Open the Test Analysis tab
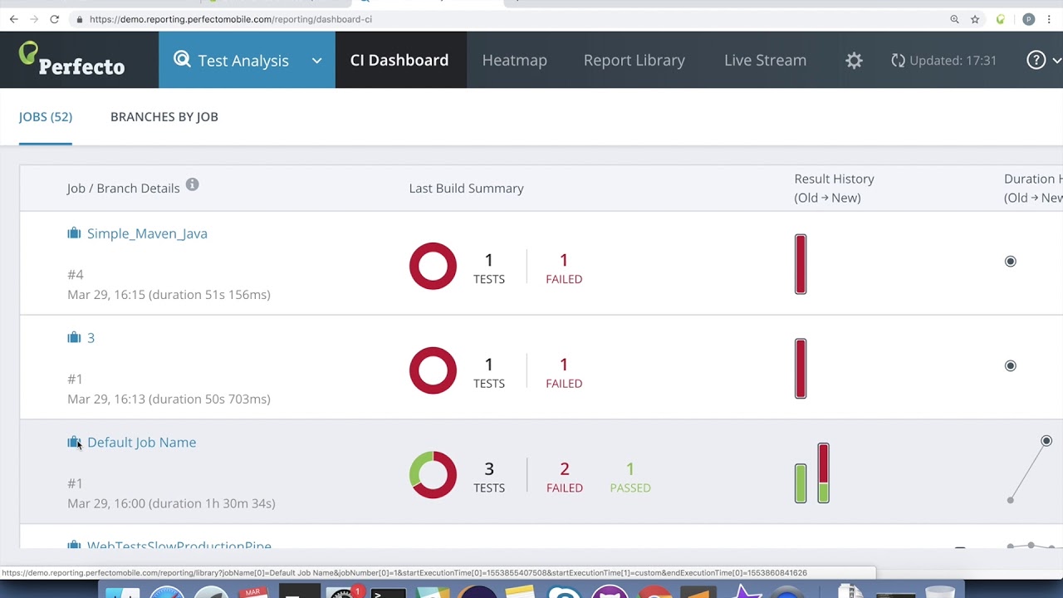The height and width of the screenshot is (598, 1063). [243, 60]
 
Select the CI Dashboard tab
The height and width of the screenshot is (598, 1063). [399, 60]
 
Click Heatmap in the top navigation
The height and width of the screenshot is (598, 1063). [514, 60]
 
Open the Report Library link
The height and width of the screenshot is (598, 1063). [634, 60]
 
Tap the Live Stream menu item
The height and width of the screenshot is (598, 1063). [765, 60]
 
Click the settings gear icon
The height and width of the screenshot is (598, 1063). [854, 60]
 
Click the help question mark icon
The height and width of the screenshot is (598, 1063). [1036, 60]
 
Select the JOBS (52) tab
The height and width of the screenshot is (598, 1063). [46, 116]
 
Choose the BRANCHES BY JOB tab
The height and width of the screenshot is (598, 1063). [164, 116]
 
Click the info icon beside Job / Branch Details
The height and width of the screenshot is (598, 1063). [192, 184]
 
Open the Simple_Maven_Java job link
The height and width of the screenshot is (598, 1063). [147, 233]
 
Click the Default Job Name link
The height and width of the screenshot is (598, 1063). [141, 442]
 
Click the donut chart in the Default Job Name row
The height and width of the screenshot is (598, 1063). [433, 474]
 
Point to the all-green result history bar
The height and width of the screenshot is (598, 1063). [801, 483]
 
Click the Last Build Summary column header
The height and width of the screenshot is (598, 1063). [466, 188]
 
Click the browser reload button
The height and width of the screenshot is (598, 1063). [54, 19]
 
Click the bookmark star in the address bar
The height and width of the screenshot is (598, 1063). [975, 19]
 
